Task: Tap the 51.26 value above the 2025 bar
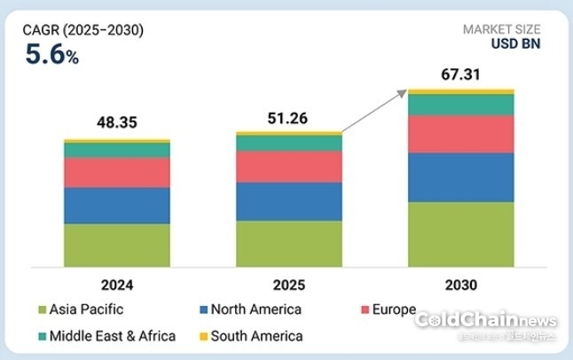click(288, 118)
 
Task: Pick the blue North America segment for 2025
click(288, 201)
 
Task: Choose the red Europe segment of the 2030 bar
click(460, 134)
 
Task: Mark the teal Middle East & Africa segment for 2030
click(460, 105)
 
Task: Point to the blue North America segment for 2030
click(460, 177)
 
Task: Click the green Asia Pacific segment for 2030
click(460, 234)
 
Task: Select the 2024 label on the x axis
click(116, 285)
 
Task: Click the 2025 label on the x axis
click(288, 285)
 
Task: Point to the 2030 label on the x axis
click(460, 285)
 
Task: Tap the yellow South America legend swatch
click(203, 337)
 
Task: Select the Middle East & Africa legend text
click(113, 336)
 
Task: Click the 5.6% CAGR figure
click(51, 56)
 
